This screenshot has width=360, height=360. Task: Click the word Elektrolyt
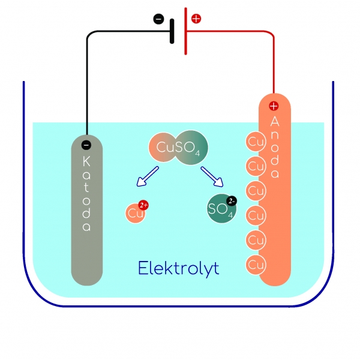(x=178, y=268)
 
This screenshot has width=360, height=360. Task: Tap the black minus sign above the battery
(x=158, y=19)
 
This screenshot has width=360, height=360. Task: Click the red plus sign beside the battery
(x=196, y=19)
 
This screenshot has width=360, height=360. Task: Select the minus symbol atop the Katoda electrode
(x=86, y=144)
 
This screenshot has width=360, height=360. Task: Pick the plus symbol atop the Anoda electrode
(x=274, y=106)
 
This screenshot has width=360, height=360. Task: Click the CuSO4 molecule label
(x=178, y=146)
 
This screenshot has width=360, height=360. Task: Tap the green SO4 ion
(x=219, y=209)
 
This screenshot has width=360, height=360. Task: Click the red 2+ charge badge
(x=143, y=205)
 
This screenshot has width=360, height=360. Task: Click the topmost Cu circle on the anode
(x=256, y=142)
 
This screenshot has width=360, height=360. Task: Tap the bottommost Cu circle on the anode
(x=256, y=263)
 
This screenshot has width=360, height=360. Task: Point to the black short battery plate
(x=172, y=30)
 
